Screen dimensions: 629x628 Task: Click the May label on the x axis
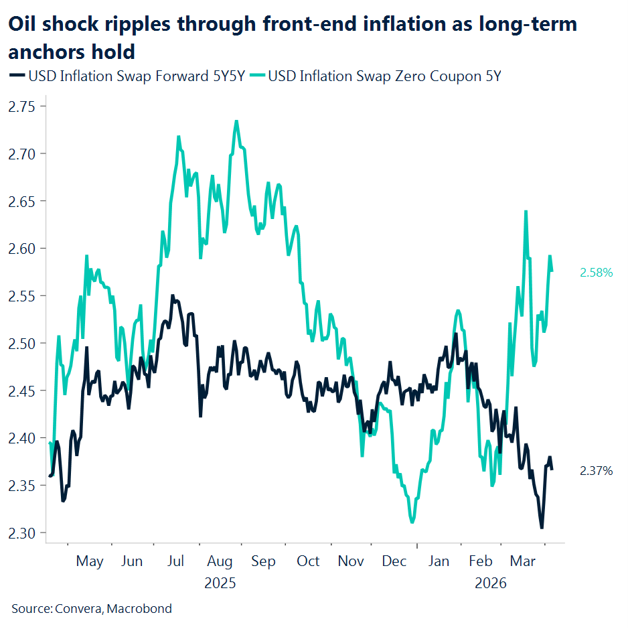point(89,561)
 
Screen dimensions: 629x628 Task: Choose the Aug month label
point(220,561)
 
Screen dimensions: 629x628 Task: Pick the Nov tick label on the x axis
point(351,561)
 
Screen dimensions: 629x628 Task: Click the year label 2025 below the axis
point(220,583)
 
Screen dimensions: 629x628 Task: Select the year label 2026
point(491,583)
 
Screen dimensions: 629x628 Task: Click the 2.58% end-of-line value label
point(596,273)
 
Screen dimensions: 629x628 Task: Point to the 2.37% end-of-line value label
point(596,471)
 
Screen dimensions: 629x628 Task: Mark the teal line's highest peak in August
point(236,121)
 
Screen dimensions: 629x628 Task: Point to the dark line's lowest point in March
point(541,528)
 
